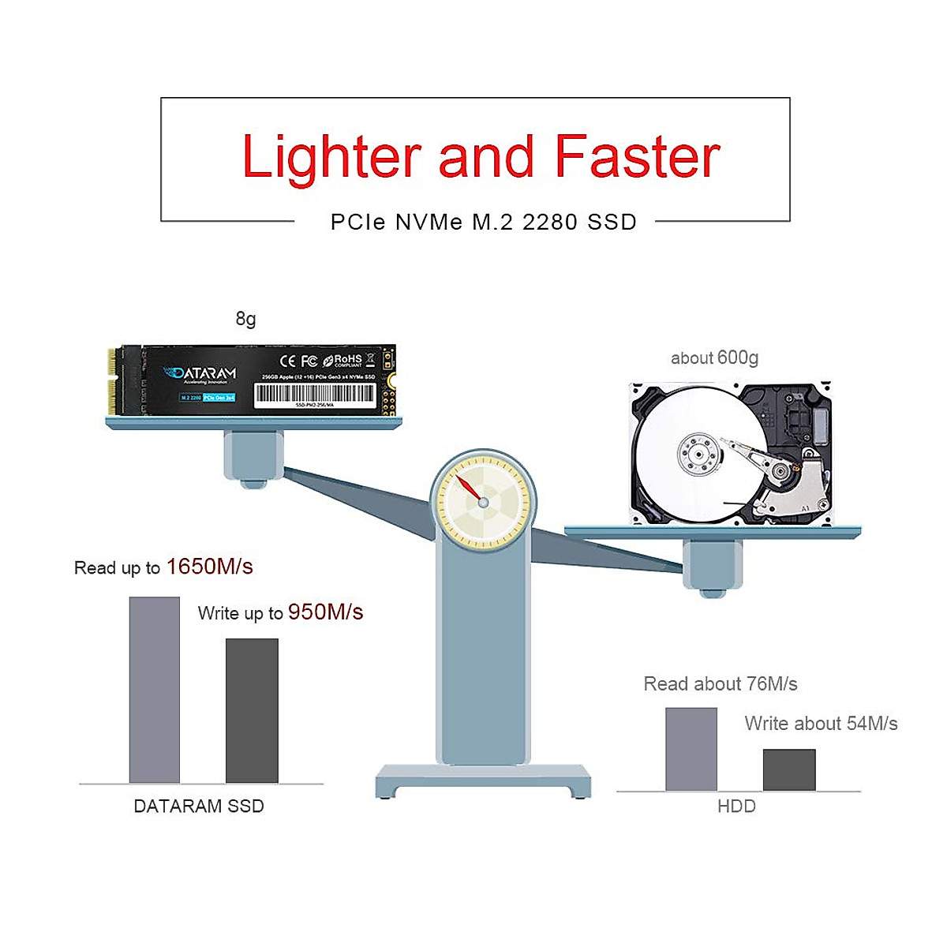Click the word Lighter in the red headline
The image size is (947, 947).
[331, 157]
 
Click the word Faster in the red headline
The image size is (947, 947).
[637, 157]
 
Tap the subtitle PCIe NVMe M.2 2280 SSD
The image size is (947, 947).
[483, 223]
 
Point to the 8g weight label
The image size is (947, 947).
[245, 319]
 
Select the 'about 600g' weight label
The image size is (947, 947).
[714, 358]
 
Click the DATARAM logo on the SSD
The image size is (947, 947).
[200, 373]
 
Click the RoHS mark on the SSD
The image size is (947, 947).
[344, 361]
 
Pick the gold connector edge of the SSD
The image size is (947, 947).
[114, 384]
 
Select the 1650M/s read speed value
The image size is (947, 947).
[210, 567]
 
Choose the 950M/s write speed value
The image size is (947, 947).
[325, 612]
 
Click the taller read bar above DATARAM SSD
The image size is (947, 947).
[155, 690]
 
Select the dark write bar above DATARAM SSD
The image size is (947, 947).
[252, 710]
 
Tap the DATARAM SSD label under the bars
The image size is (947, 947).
[199, 807]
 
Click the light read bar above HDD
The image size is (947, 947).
[691, 749]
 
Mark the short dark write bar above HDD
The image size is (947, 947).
[789, 769]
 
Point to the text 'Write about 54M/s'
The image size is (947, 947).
[821, 724]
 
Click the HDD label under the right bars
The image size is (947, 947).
[736, 807]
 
